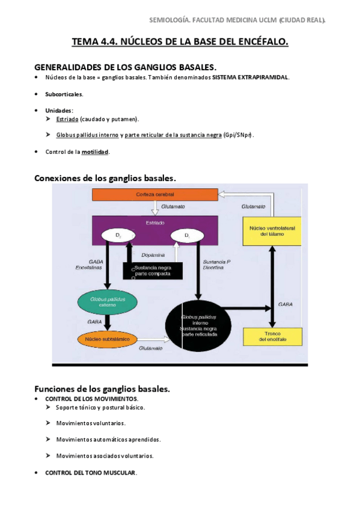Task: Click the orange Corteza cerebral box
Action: [154, 194]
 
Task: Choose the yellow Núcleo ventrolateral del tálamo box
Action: [272, 231]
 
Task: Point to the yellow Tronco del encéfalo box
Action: [272, 336]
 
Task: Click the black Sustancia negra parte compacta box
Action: [153, 271]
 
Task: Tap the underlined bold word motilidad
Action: [96, 152]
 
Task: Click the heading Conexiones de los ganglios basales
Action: [105, 178]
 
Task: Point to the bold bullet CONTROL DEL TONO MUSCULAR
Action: [91, 473]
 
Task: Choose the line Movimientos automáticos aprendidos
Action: [108, 440]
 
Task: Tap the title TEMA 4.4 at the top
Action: [180, 42]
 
